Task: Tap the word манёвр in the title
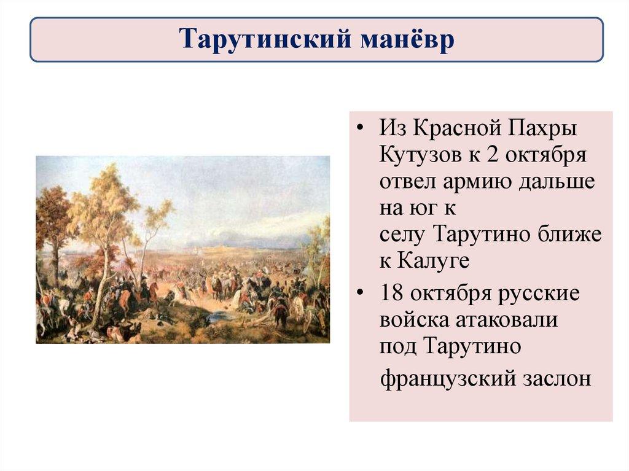click(407, 39)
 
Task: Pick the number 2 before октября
click(492, 155)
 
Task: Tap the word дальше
click(557, 181)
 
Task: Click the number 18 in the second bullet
click(391, 294)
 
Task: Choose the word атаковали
click(507, 321)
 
